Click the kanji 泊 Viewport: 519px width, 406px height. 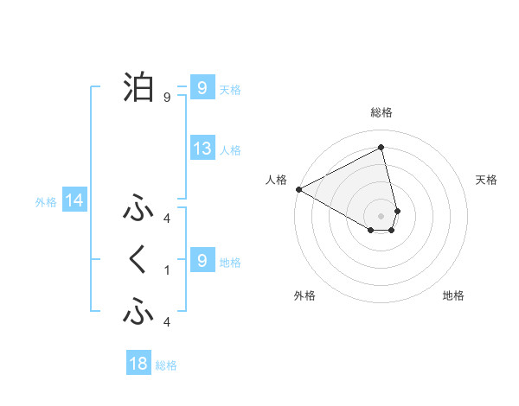138,86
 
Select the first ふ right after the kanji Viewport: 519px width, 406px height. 138,209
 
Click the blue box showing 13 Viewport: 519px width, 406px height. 202,149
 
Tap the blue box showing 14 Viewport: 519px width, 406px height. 74,201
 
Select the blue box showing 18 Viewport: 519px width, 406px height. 138,364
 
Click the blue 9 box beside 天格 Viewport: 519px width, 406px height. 202,88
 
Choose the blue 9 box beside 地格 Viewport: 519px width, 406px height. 202,260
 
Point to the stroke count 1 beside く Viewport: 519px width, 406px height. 167,270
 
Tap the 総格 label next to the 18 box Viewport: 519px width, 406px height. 166,365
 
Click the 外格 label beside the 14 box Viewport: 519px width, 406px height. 46,202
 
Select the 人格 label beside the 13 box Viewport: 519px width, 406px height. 230,150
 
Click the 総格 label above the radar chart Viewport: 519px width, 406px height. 381,112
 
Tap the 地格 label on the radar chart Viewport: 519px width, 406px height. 453,295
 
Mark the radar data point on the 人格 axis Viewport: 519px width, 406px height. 298,188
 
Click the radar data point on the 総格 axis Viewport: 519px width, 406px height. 381,148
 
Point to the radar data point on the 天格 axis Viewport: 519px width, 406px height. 398,210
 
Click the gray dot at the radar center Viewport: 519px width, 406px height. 381,215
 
